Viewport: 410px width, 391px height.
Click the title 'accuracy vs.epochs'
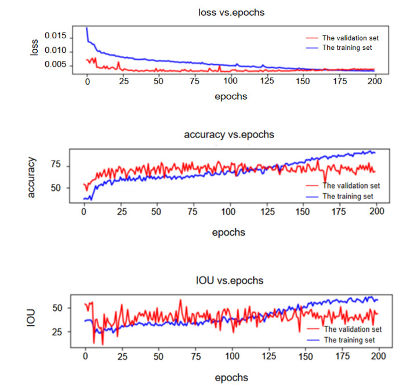click(x=228, y=135)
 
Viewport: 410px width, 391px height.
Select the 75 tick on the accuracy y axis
click(x=58, y=166)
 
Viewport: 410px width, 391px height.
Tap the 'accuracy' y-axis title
click(x=32, y=177)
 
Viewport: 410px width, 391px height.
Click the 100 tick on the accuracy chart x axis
click(x=230, y=212)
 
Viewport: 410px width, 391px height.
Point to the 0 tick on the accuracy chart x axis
click(x=85, y=212)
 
